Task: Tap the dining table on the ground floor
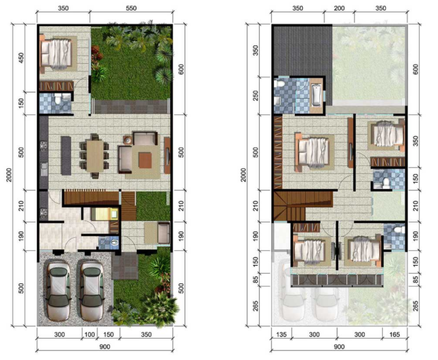coord(94,153)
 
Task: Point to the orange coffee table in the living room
coord(144,157)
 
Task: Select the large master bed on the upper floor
coord(314,150)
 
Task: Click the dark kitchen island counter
coord(64,153)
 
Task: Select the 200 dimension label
coord(339,10)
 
